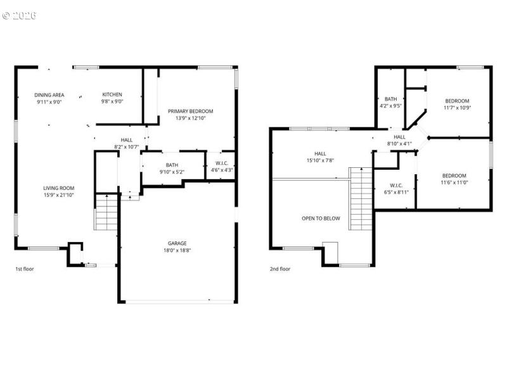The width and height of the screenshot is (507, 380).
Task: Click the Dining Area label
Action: [49, 95]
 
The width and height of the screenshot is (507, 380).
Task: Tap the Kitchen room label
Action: [112, 95]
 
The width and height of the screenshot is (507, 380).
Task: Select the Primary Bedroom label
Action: [190, 111]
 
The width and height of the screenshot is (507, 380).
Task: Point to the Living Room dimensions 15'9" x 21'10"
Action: [58, 195]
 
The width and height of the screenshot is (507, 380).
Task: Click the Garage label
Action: [177, 243]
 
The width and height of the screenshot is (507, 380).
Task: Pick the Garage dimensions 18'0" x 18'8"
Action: [177, 251]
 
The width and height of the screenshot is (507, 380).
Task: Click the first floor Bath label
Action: [172, 165]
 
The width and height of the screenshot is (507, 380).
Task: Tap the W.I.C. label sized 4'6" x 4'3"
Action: [221, 163]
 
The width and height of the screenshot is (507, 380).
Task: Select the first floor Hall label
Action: [126, 140]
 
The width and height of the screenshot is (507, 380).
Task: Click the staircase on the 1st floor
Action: [106, 213]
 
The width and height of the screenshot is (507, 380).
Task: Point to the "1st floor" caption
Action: [25, 269]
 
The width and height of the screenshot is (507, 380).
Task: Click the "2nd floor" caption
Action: [280, 269]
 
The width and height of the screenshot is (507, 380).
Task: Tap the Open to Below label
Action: [321, 218]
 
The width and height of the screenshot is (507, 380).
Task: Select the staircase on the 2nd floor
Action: [361, 199]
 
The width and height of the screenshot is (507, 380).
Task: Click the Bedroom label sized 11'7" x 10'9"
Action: [456, 101]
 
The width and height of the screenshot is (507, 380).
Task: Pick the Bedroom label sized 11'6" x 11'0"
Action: [454, 176]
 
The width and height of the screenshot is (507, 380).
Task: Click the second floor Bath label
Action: [390, 99]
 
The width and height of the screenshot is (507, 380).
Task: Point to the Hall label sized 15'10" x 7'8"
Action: [320, 153]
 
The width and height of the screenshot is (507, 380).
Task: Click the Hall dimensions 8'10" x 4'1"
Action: [399, 143]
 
